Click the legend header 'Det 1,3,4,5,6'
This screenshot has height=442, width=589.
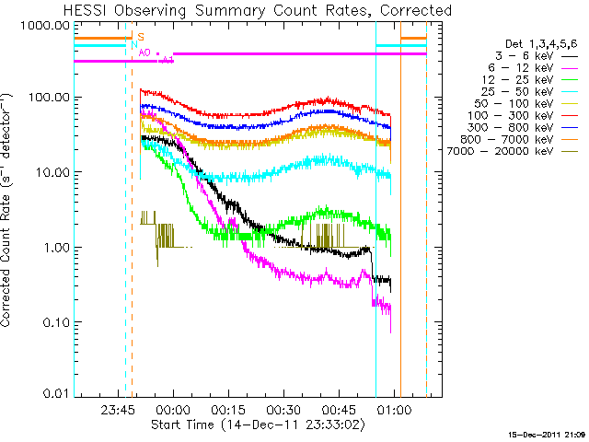point(541,43)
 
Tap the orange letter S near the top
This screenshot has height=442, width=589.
point(141,37)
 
